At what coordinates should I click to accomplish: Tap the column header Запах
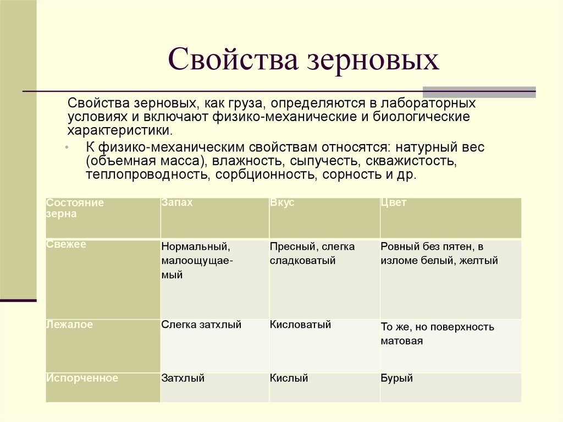[177, 202]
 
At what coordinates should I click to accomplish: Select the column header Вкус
[282, 202]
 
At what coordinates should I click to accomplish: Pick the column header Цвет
[393, 202]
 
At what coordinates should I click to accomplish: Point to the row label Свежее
[67, 244]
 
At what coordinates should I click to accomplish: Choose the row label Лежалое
[70, 325]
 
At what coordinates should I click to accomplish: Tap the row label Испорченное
[82, 378]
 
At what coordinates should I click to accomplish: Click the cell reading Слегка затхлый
[201, 325]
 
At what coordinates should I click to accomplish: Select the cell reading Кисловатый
[300, 325]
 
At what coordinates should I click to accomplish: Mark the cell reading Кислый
[289, 378]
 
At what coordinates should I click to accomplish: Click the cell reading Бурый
[396, 378]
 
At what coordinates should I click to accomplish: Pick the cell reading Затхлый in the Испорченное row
[183, 378]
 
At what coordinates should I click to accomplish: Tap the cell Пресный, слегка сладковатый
[312, 254]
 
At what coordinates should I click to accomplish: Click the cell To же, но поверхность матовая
[437, 334]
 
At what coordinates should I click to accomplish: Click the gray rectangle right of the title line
[479, 92]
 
